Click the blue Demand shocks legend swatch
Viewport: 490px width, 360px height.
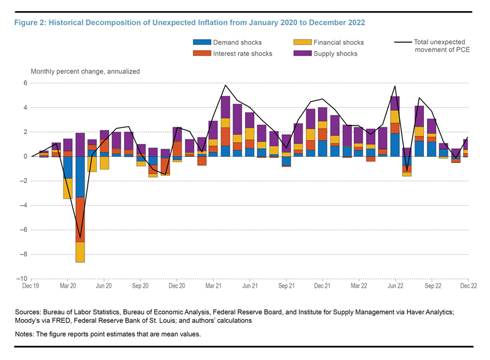tap(202, 43)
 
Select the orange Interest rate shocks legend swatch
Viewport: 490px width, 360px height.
tap(202, 53)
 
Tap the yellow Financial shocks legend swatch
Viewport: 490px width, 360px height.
tap(301, 43)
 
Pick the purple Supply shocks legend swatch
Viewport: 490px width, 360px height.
tap(301, 53)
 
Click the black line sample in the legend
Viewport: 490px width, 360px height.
tap(402, 42)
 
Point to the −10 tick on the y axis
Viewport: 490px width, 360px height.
tap(22, 279)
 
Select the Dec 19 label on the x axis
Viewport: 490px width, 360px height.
tap(31, 286)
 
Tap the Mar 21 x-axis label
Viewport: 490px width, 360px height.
tap(213, 286)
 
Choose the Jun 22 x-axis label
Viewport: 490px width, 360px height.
tap(394, 286)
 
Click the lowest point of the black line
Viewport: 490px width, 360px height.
tap(80, 238)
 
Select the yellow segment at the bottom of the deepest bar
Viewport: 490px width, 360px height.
tap(80, 252)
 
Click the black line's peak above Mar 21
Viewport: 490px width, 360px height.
tap(225, 85)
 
